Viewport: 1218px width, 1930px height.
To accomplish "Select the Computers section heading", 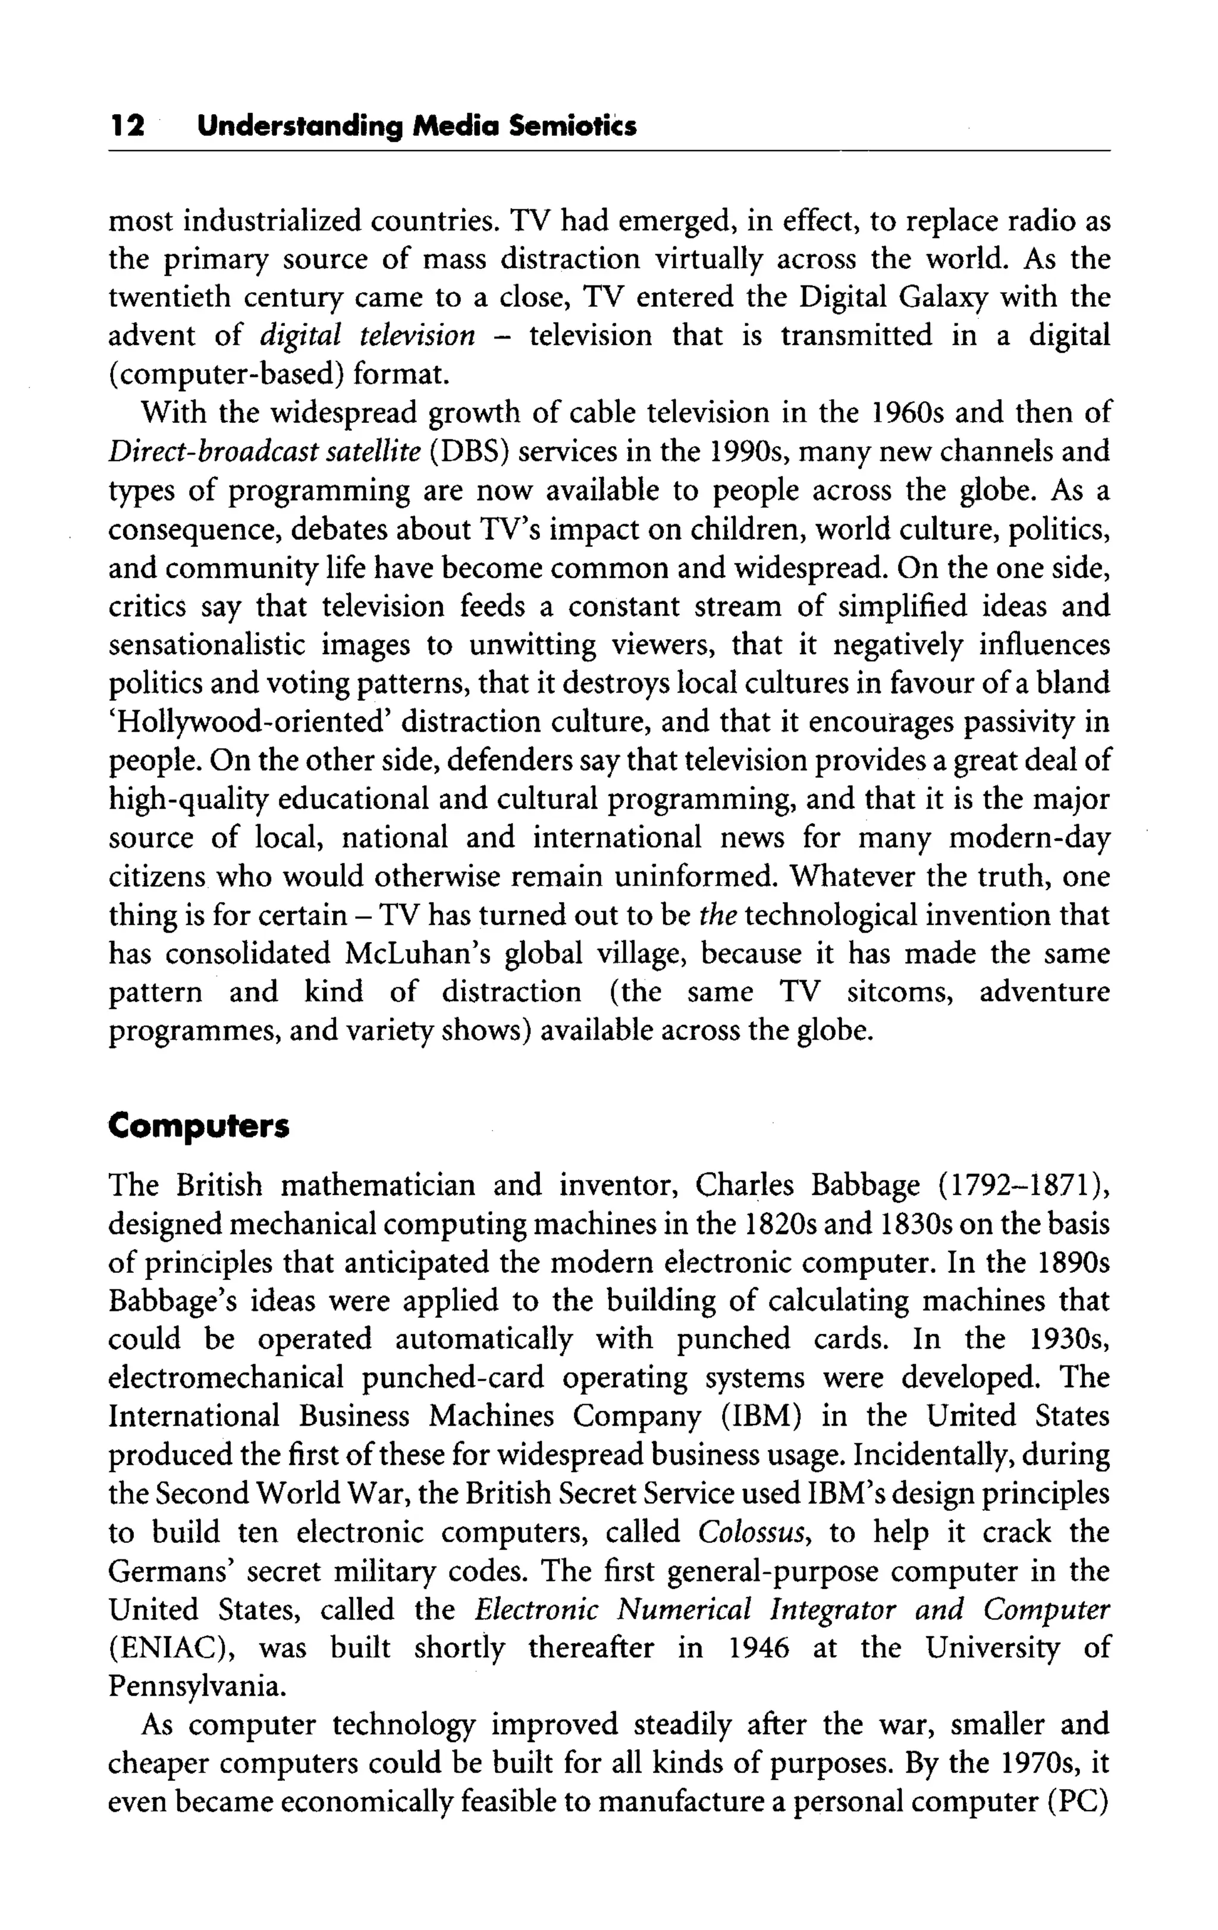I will point(198,1126).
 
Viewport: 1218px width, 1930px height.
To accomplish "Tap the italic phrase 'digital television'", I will point(367,335).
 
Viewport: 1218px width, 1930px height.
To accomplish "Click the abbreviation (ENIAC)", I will point(171,1649).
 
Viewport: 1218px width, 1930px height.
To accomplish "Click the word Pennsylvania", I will point(196,1687).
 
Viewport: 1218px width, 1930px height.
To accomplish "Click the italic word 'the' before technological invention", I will point(717,915).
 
